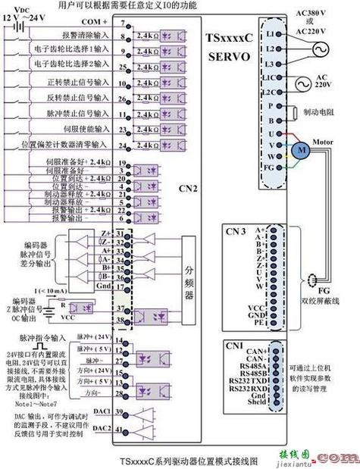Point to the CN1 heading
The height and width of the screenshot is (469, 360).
(x=234, y=344)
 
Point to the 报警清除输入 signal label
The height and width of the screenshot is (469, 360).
(x=70, y=35)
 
